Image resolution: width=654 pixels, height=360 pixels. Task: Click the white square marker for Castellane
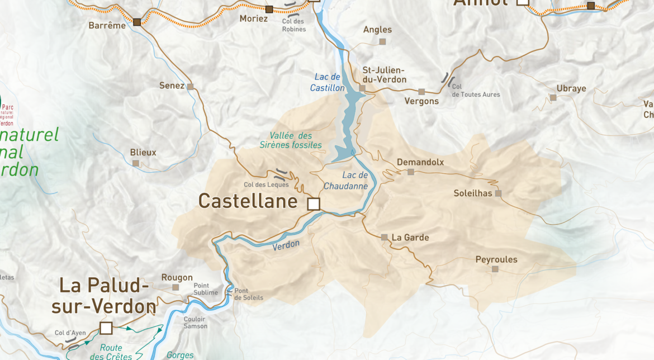point(314,204)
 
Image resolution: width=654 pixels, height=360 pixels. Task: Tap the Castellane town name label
point(248,201)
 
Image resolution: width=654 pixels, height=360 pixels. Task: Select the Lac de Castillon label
point(328,82)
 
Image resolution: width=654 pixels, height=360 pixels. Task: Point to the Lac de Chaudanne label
point(347,181)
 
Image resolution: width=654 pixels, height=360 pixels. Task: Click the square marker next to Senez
point(190,87)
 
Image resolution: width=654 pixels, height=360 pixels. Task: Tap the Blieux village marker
point(135,163)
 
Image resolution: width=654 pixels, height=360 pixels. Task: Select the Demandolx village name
point(420,162)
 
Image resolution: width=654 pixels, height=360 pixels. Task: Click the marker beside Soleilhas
point(498,193)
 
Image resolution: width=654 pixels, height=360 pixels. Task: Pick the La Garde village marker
point(384,238)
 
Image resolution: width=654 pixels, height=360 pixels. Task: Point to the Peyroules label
point(496,259)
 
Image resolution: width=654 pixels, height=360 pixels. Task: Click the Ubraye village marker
point(553,98)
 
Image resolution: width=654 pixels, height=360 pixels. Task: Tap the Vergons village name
point(421,101)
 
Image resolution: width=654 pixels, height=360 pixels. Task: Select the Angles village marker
point(382,41)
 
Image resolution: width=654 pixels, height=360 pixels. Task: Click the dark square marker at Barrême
point(137,22)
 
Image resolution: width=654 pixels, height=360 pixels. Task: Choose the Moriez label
point(254,18)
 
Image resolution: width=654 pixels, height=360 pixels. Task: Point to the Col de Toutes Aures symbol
point(448,79)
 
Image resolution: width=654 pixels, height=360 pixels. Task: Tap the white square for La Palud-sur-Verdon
point(106,328)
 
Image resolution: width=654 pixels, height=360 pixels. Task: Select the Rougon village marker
point(176,287)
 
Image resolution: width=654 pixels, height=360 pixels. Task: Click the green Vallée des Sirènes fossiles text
point(291,140)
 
